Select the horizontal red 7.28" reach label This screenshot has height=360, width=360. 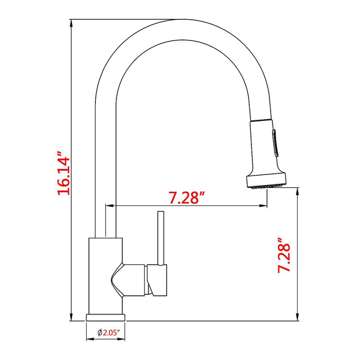point(186,197)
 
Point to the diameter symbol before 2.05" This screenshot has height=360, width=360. point(99,333)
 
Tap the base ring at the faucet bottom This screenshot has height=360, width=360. point(106,317)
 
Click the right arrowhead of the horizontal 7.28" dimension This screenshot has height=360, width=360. point(263,206)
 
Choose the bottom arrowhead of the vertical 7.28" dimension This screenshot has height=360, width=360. point(296,318)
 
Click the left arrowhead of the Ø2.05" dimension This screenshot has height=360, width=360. point(89,340)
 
